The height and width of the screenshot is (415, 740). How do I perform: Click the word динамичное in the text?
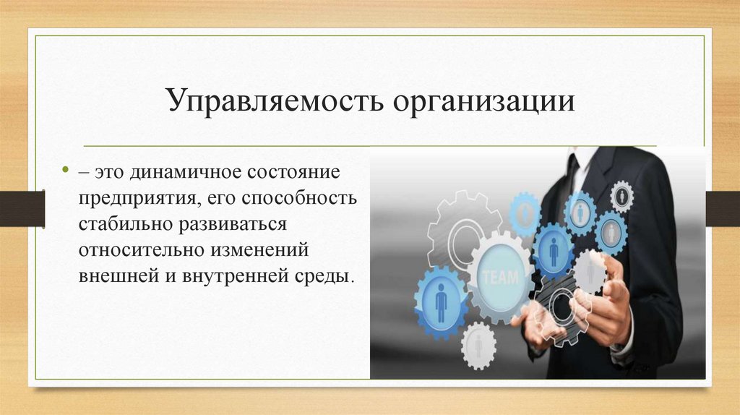(173, 174)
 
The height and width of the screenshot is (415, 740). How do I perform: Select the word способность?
(297, 199)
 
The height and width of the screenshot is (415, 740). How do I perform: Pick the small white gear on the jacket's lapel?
(621, 195)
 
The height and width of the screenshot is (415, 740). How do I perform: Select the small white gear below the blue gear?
(478, 345)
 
